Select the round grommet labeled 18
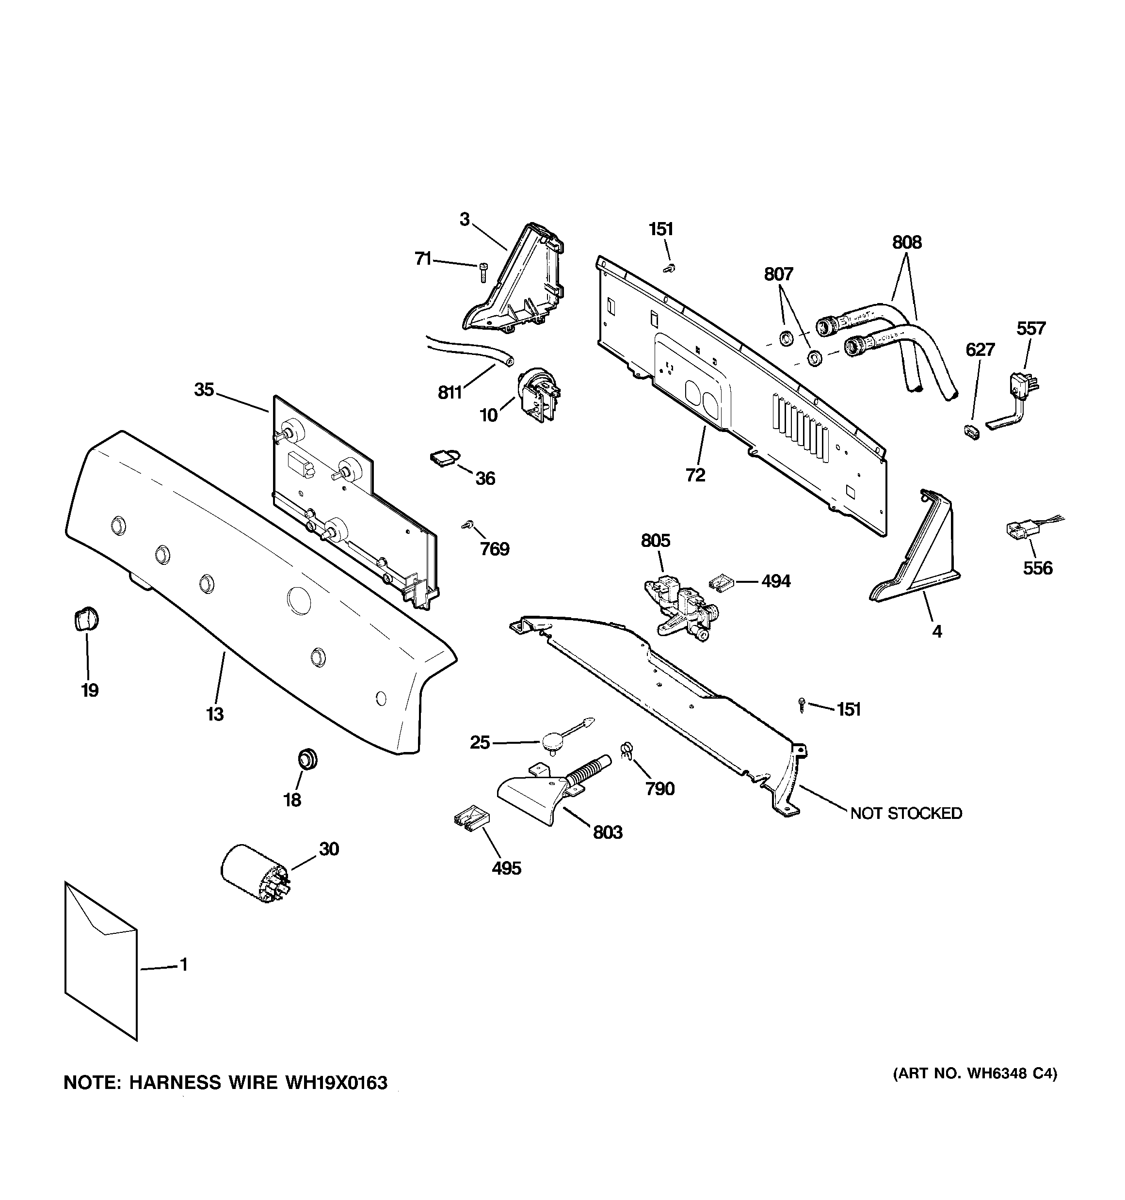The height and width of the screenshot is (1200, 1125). tap(308, 759)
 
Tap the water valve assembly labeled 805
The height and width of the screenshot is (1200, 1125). tap(679, 607)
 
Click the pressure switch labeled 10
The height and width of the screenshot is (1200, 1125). tap(539, 392)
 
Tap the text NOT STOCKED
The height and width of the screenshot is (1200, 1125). tap(906, 814)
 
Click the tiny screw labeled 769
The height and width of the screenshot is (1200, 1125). tap(467, 525)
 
